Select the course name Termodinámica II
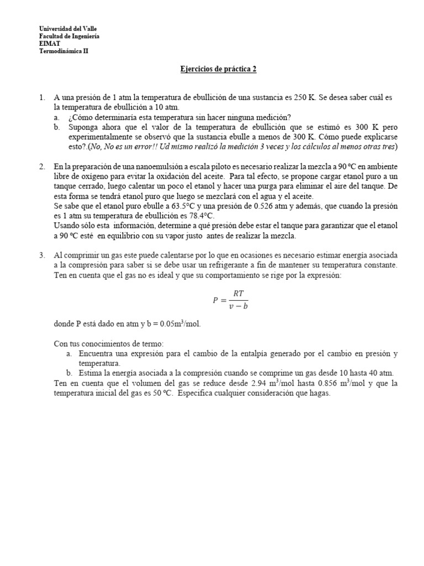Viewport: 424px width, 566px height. click(x=63, y=51)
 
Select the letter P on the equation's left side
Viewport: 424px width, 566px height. click(x=215, y=301)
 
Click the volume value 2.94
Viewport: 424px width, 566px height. click(x=261, y=384)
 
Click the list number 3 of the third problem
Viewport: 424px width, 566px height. click(x=42, y=256)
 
